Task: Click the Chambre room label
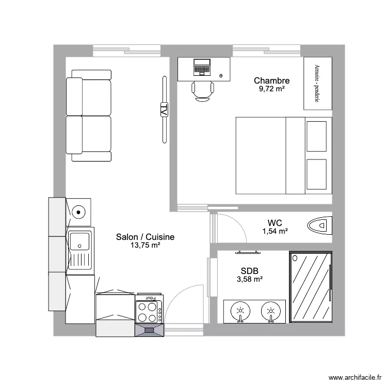pyautogui.click(x=271, y=80)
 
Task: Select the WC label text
pyautogui.click(x=275, y=223)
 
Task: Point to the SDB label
pyautogui.click(x=250, y=271)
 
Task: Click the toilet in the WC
pyautogui.click(x=319, y=225)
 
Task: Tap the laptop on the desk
pyautogui.click(x=202, y=67)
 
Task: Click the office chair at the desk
pyautogui.click(x=203, y=91)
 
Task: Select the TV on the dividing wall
pyautogui.click(x=165, y=109)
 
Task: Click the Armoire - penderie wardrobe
pyautogui.click(x=318, y=83)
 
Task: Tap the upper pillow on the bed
pyautogui.click(x=316, y=136)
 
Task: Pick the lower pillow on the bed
pyautogui.click(x=316, y=174)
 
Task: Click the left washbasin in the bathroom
pyautogui.click(x=240, y=312)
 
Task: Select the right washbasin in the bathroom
pyautogui.click(x=271, y=312)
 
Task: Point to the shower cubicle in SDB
pyautogui.click(x=311, y=287)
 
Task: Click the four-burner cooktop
pyautogui.click(x=149, y=312)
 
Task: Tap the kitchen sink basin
pyautogui.click(x=79, y=241)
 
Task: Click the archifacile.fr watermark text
pyautogui.click(x=355, y=377)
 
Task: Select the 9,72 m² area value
pyautogui.click(x=272, y=89)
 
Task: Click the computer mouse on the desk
pyautogui.click(x=221, y=76)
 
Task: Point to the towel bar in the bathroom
pyautogui.click(x=248, y=252)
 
